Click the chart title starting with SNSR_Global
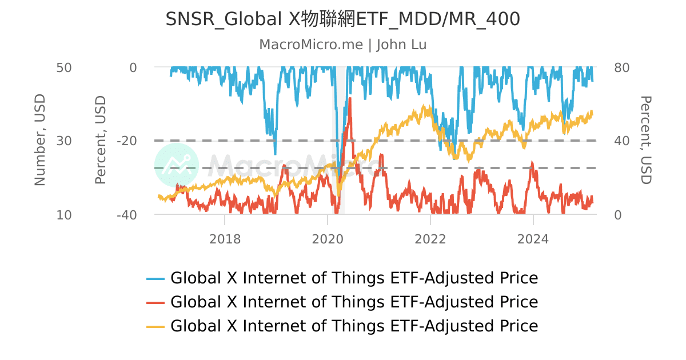(342, 19)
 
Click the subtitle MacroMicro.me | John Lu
(342, 45)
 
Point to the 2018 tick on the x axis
(225, 238)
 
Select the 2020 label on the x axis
(328, 238)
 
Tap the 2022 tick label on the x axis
(430, 238)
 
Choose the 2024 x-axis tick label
(533, 238)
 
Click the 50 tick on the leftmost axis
(63, 67)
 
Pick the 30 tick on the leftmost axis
(63, 141)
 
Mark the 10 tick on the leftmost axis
(63, 215)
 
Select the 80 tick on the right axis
(621, 67)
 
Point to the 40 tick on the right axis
(621, 141)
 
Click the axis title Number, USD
(39, 141)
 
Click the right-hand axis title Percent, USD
(645, 141)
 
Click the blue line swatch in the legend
(155, 279)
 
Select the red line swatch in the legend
(155, 302)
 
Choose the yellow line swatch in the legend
(155, 326)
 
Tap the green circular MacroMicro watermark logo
(177, 165)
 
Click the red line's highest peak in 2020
(349, 99)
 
